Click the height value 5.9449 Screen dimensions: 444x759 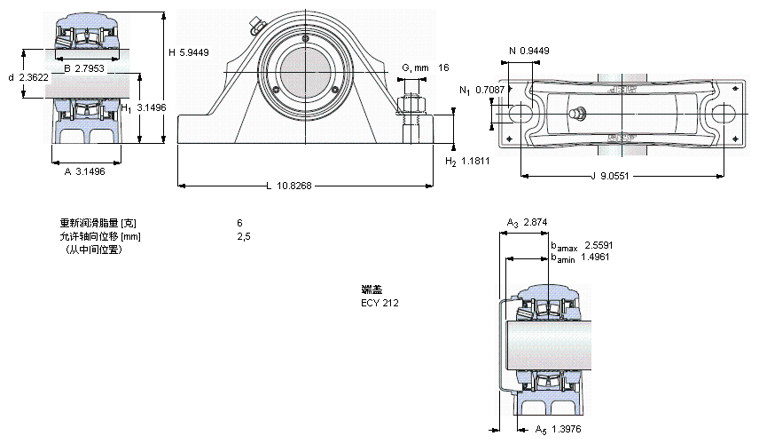coord(194,52)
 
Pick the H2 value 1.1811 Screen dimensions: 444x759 coord(478,161)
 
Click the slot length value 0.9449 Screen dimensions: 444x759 coord(535,51)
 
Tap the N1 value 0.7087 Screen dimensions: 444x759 coord(490,90)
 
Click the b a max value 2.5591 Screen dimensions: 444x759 coord(599,245)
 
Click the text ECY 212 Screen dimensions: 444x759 coord(379,303)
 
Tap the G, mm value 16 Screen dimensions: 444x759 coord(444,68)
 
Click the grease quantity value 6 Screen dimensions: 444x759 coord(239,223)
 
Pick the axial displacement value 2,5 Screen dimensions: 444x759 coord(242,236)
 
